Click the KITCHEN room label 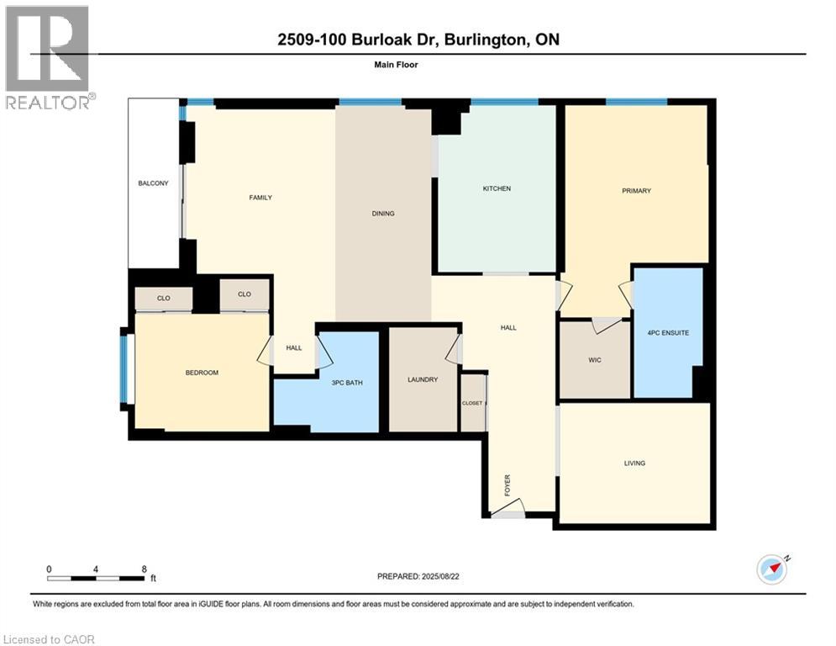point(497,188)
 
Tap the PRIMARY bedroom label point(636,191)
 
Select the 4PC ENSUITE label point(669,333)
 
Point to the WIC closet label point(594,360)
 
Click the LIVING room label point(634,463)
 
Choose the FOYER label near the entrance point(507,484)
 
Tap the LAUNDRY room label point(423,379)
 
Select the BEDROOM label point(202,373)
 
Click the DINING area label point(383,214)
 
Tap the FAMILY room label point(260,198)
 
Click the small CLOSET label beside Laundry point(472,403)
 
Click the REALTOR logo point(48,57)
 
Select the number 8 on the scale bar point(145,569)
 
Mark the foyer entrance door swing point(511,508)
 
